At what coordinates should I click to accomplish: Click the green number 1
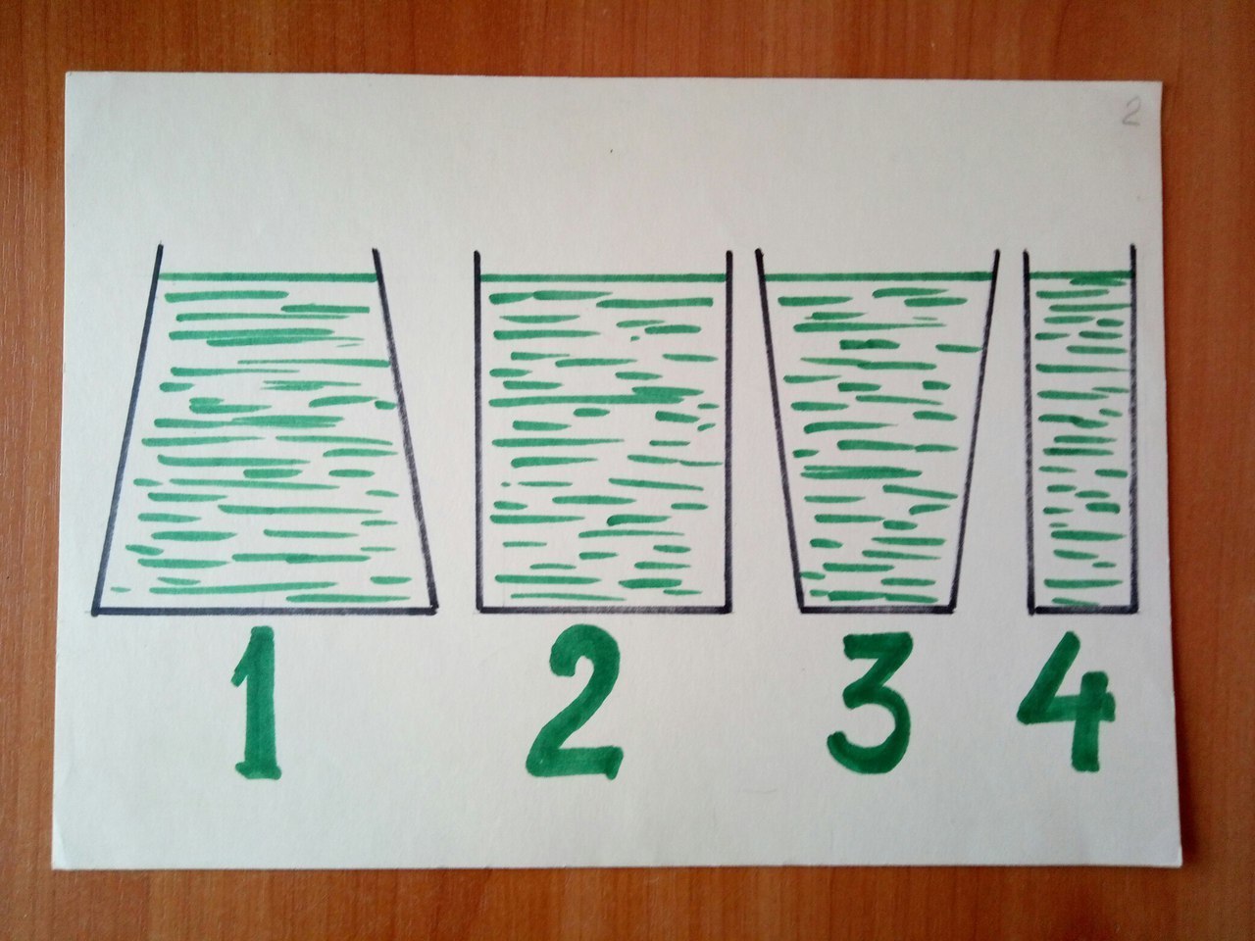[x=257, y=704]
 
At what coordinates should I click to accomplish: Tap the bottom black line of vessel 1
[x=264, y=611]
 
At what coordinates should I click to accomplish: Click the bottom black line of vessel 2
[x=605, y=609]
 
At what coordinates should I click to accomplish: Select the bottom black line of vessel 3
[x=877, y=609]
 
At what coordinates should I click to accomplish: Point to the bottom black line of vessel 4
[x=1084, y=610]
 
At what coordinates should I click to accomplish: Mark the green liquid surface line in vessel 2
[x=603, y=278]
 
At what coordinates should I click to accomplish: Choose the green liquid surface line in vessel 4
[x=1080, y=276]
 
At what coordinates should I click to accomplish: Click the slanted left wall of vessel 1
[x=126, y=428]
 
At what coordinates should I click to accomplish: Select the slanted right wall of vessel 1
[x=405, y=428]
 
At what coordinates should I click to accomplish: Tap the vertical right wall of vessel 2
[x=730, y=431]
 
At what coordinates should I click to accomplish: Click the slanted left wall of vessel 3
[x=778, y=429]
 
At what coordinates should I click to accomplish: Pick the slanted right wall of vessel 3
[x=976, y=429]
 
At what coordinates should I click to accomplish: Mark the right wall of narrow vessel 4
[x=1133, y=428]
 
